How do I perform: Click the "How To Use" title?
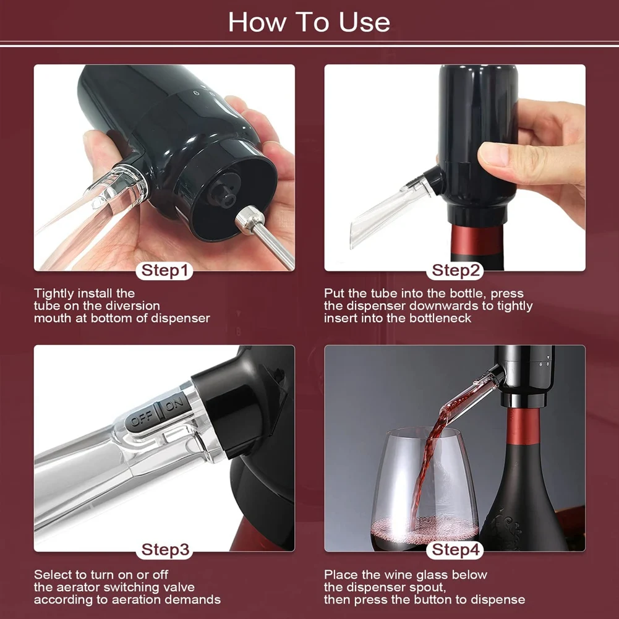tap(309, 22)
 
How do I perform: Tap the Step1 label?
tap(164, 270)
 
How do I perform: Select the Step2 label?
tap(455, 270)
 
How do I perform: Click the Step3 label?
tap(165, 550)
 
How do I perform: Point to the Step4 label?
tap(455, 550)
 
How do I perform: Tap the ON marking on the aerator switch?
tap(174, 404)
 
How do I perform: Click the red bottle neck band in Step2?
tap(477, 241)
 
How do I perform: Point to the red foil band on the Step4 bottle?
tap(524, 426)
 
